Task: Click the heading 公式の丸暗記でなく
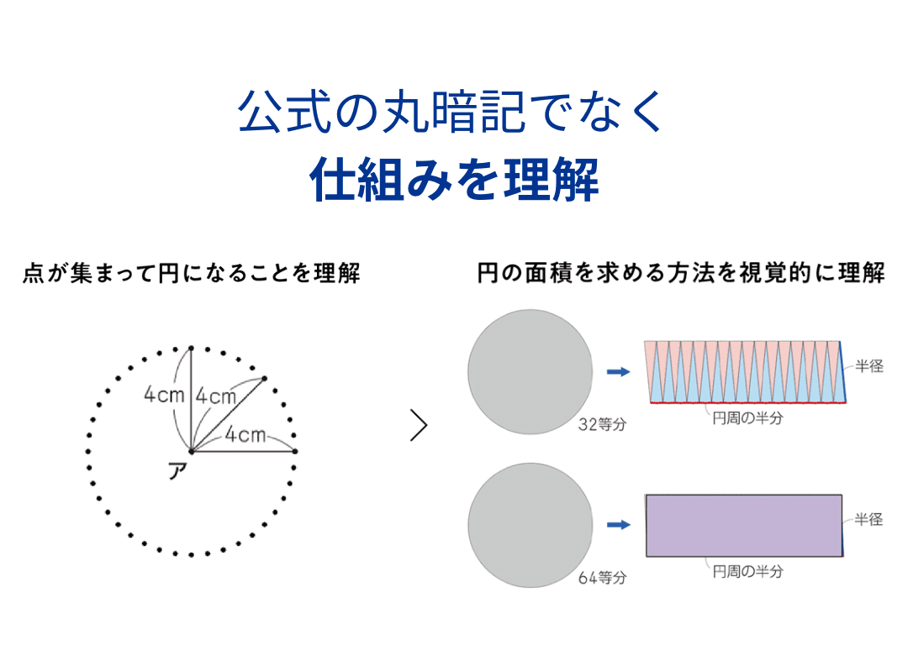(x=452, y=114)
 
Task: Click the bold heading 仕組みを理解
(x=454, y=178)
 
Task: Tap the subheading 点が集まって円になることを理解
(x=192, y=274)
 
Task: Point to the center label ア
(x=177, y=471)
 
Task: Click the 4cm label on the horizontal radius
(x=245, y=435)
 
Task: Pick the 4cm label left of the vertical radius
(x=164, y=395)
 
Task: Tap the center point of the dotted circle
(x=192, y=451)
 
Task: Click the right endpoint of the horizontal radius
(x=295, y=451)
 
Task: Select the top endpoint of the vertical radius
(x=192, y=348)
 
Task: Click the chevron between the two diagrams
(x=418, y=427)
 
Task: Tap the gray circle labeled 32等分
(x=530, y=372)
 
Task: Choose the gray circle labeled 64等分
(x=530, y=524)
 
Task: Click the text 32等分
(x=602, y=424)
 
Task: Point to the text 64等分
(x=602, y=578)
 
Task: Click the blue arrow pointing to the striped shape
(x=619, y=372)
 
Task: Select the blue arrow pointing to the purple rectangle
(x=619, y=525)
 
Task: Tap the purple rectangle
(x=743, y=525)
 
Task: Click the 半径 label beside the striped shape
(x=869, y=367)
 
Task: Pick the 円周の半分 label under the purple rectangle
(x=747, y=571)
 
